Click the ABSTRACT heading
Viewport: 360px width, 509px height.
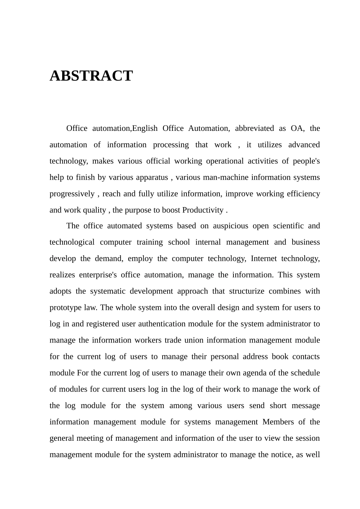(x=91, y=76)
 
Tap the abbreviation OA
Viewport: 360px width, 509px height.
(x=297, y=128)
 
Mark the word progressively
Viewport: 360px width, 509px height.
(x=72, y=193)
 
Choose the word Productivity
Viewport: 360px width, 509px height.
(x=203, y=210)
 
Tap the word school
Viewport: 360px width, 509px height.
(x=179, y=242)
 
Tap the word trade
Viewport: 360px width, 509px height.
(x=173, y=340)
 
